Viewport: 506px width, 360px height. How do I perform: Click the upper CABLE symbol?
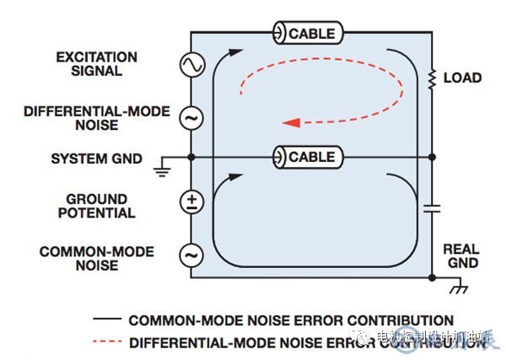tap(306, 34)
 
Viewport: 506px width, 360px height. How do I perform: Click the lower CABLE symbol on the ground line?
tap(306, 157)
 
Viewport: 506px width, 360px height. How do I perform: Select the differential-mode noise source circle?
tap(191, 118)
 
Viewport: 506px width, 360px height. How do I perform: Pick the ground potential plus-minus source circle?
tap(191, 201)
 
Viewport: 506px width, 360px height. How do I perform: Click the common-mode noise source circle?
tap(191, 253)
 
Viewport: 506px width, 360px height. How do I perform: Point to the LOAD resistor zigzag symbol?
tap(432, 78)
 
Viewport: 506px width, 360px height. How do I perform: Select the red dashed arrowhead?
tap(291, 122)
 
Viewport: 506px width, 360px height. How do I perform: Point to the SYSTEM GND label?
tap(96, 159)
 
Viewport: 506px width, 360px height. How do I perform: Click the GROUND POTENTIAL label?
tap(96, 206)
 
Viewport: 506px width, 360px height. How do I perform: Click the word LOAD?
tap(462, 78)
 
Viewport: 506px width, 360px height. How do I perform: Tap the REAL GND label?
tap(460, 256)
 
